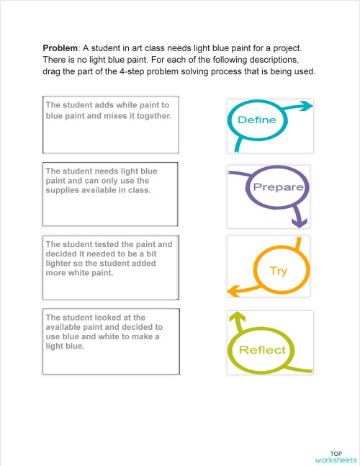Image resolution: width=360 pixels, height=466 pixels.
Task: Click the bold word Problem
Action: coord(60,48)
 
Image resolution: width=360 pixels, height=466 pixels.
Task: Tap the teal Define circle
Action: coord(256,120)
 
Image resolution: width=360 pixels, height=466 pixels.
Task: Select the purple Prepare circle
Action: coord(276,188)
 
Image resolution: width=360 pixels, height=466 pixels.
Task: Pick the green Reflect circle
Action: coord(262,350)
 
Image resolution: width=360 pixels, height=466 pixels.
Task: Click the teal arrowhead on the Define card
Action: coord(307,107)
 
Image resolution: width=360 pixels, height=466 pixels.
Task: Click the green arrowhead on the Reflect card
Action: coord(235,317)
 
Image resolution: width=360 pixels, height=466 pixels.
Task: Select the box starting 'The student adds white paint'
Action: coord(111,125)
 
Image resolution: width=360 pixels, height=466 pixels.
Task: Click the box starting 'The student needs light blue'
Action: coord(111,194)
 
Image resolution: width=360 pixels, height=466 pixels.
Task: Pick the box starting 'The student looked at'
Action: coord(111,342)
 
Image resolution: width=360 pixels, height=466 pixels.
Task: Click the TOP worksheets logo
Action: coord(335,455)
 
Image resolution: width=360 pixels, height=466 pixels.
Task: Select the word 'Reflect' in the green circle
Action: coord(262,350)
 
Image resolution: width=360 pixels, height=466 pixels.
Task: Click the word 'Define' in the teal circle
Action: coord(256,120)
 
